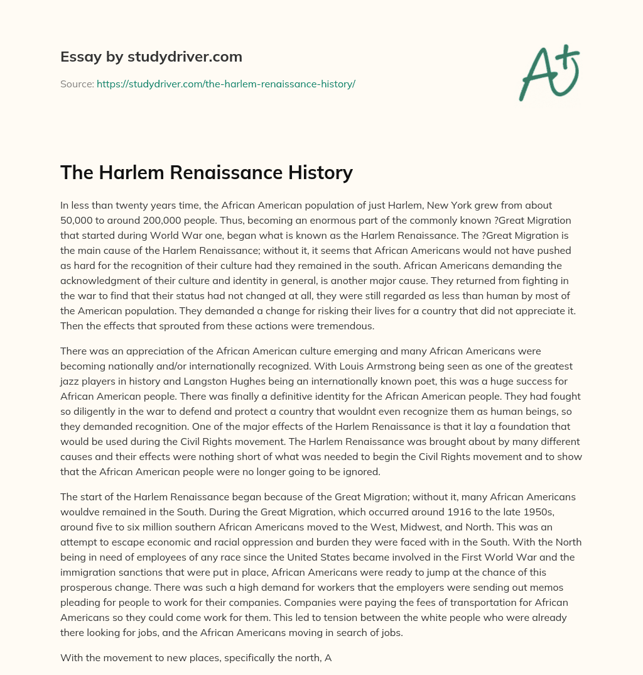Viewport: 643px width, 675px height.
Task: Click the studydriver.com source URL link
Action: (226, 84)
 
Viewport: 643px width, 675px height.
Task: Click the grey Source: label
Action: (77, 84)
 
